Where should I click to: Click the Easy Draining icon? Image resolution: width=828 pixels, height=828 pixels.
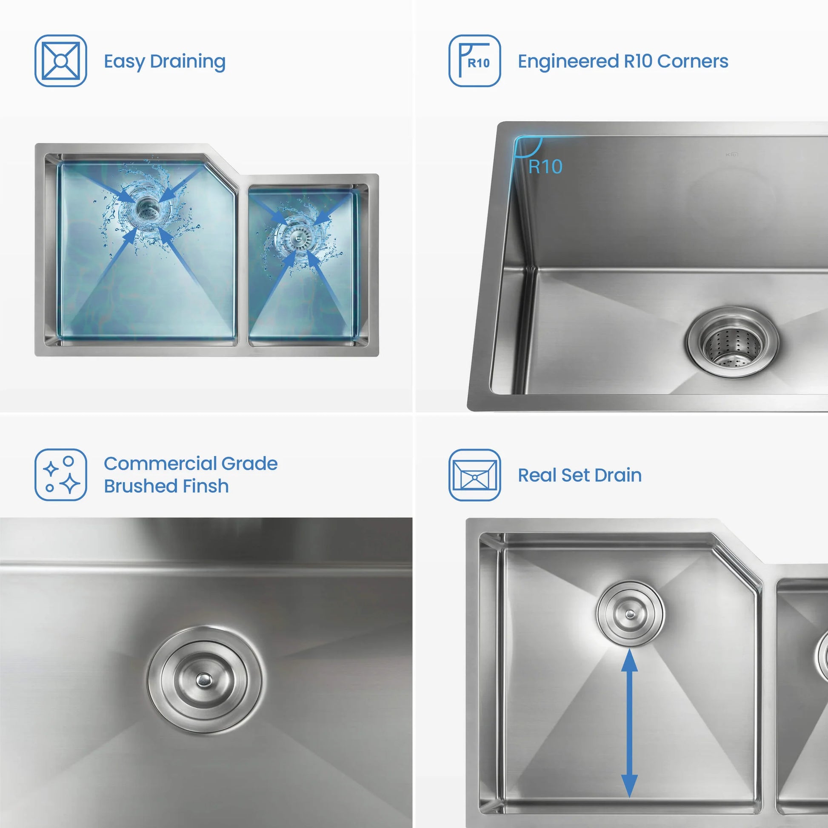point(60,61)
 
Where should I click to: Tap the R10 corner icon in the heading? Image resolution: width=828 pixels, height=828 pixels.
point(474,61)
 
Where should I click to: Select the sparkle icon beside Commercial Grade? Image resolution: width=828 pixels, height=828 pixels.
point(60,475)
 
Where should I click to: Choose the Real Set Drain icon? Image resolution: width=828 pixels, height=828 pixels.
point(474,475)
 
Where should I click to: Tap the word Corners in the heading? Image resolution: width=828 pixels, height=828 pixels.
point(693,61)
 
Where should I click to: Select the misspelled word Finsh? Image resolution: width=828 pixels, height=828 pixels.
point(205,486)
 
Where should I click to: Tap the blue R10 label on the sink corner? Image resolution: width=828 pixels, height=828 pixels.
point(545,167)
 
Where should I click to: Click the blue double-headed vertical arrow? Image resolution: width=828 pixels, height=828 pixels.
point(629,724)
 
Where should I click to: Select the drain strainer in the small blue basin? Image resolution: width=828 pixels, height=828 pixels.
point(296,237)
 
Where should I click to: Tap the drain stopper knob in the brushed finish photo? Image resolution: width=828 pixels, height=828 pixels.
point(203,679)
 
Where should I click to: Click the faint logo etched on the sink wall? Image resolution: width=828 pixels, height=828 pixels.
point(731,154)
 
